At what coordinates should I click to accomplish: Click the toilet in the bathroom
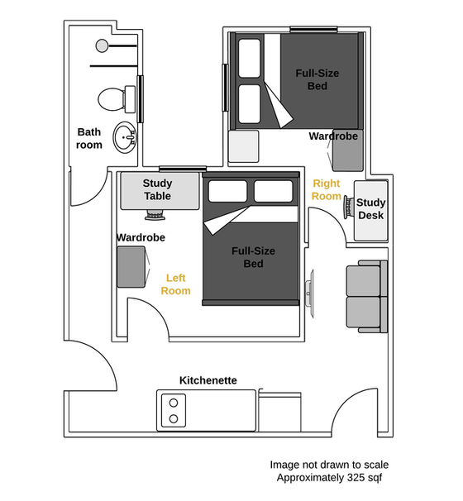tap(112, 99)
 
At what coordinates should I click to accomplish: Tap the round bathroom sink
tap(125, 137)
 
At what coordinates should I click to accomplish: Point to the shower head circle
tap(102, 45)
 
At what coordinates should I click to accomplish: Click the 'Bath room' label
tap(89, 138)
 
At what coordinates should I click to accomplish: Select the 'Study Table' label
tap(157, 189)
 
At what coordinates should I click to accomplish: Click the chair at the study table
tap(155, 215)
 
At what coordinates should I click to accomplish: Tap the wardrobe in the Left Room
tap(131, 266)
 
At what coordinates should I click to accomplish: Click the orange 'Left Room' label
tap(175, 284)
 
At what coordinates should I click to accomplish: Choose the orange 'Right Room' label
tap(327, 189)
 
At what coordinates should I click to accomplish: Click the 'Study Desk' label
tap(371, 209)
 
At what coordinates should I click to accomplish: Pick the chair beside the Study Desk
tap(348, 207)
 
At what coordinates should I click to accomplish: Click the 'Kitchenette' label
tap(208, 380)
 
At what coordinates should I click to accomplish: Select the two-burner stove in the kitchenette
tap(174, 410)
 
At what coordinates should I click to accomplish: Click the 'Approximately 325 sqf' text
tap(328, 479)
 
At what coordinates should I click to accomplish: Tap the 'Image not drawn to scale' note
tap(328, 465)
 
